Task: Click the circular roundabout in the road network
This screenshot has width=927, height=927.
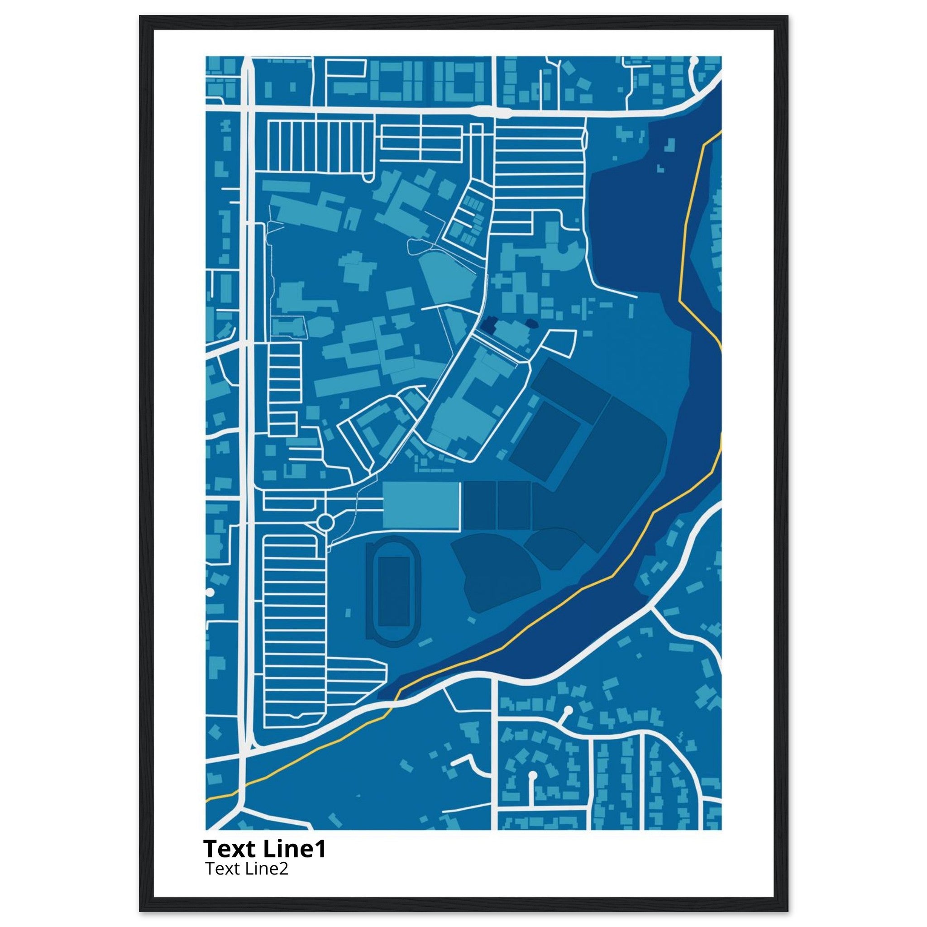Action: [x=325, y=521]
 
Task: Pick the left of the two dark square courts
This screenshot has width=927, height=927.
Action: [x=479, y=506]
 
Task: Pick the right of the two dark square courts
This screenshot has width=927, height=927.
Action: [x=513, y=506]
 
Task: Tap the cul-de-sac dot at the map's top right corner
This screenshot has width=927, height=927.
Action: [x=694, y=61]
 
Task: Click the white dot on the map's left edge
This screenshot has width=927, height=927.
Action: [x=209, y=593]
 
